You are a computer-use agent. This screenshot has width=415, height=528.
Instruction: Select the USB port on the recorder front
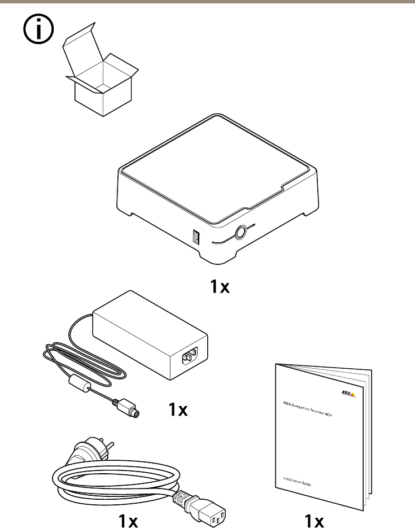tap(196, 237)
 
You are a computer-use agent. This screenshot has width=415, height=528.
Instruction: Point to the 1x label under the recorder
tap(220, 287)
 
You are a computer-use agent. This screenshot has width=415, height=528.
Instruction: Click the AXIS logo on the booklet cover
tap(349, 394)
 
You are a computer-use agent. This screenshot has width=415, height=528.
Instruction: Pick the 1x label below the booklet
tap(314, 520)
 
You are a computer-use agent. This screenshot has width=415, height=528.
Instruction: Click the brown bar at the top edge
tap(207, 2)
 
